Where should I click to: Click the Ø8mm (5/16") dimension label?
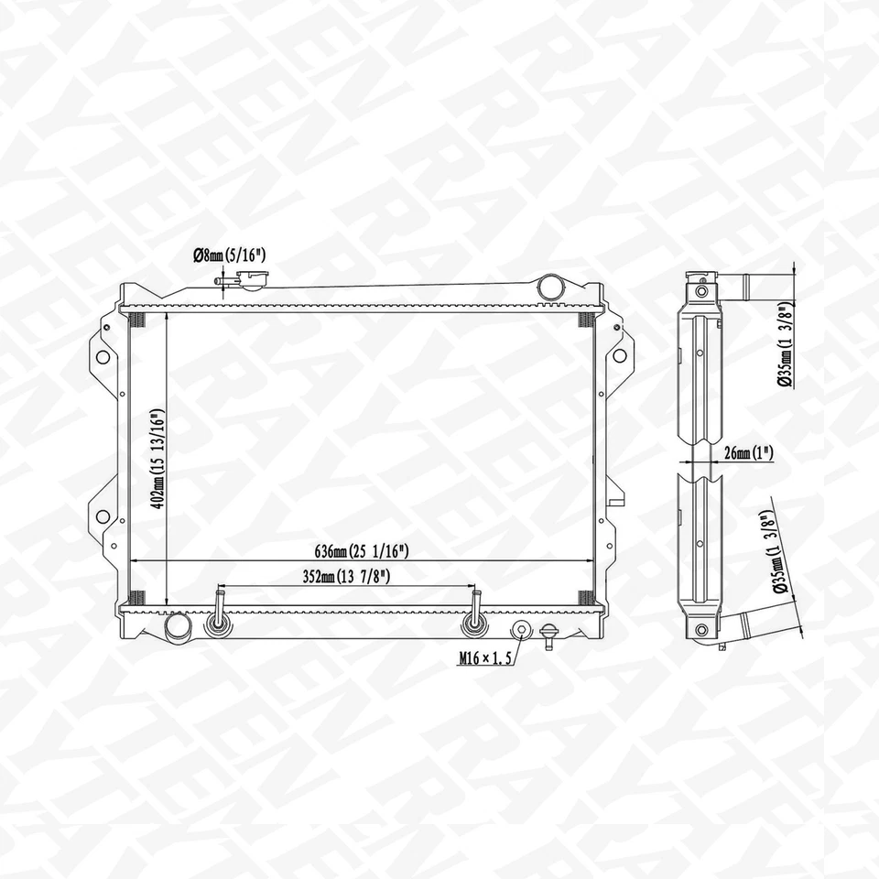point(229,257)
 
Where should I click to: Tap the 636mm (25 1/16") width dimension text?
point(360,550)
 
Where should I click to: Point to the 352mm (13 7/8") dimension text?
point(347,577)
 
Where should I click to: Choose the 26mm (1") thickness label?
point(746,452)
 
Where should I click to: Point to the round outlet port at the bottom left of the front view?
point(177,626)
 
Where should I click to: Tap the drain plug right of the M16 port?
point(548,634)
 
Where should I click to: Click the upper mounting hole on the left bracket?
point(103,356)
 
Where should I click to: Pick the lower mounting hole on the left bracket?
point(103,516)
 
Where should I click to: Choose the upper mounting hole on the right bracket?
point(620,355)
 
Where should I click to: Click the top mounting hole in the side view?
point(701,291)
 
